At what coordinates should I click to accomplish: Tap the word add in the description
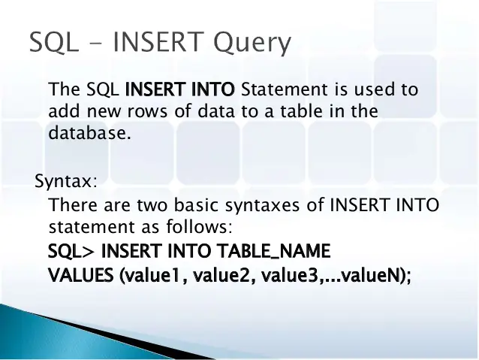coord(62,112)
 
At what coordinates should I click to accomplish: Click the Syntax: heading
coord(66,183)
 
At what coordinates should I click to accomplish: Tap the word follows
coord(208,227)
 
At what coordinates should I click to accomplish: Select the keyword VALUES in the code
coord(80,275)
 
